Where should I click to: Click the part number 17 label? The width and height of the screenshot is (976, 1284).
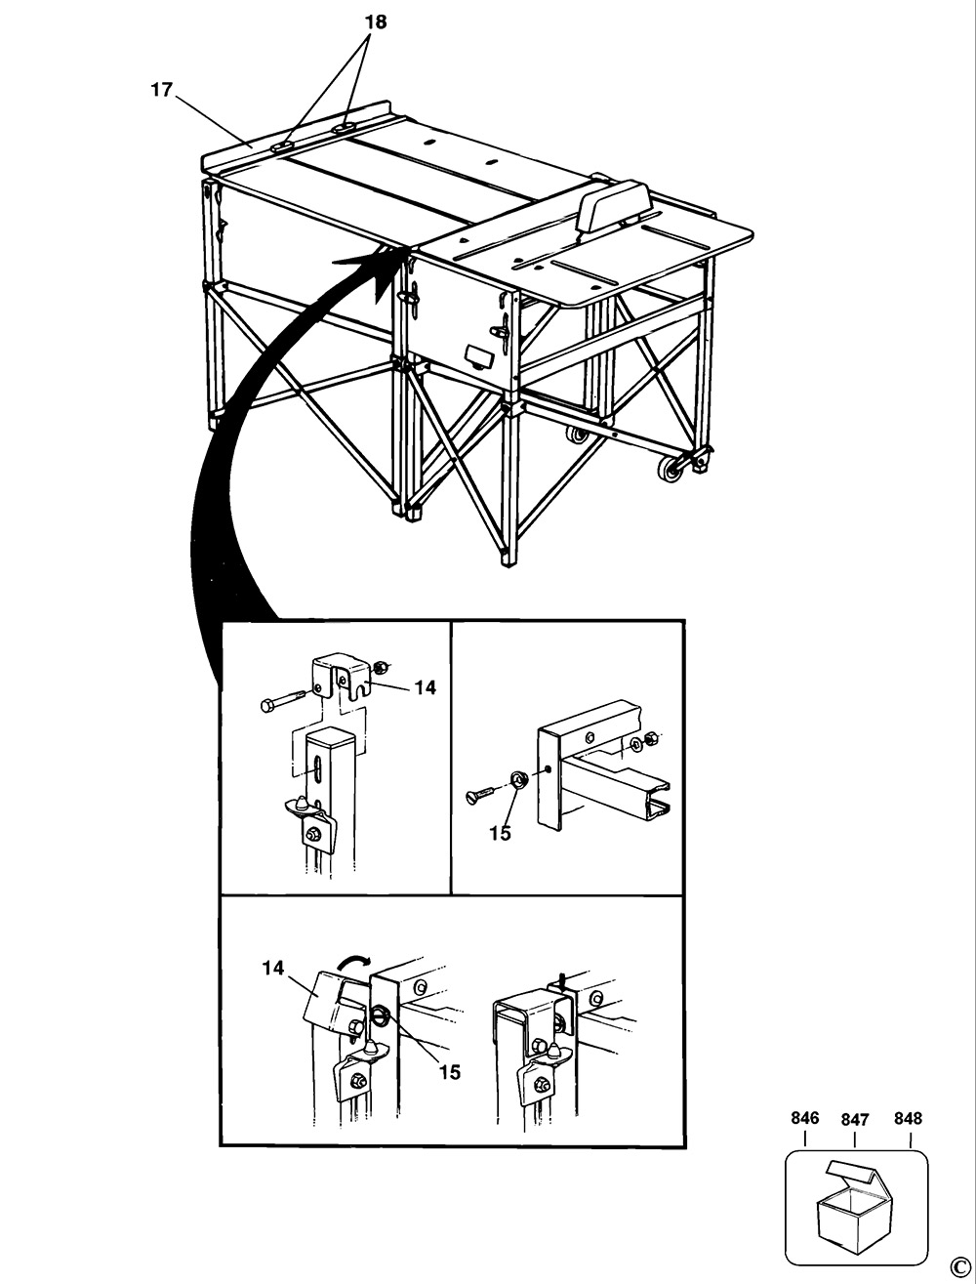tap(161, 90)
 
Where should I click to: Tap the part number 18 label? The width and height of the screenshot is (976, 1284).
tap(375, 21)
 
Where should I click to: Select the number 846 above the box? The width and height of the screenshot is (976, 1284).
tap(805, 1119)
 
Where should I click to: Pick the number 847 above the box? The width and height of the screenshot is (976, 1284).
tap(854, 1122)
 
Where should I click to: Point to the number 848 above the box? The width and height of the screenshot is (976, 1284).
tap(907, 1119)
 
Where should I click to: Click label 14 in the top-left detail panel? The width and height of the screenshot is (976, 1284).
tap(425, 687)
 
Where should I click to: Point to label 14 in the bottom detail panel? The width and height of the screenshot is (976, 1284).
tap(272, 968)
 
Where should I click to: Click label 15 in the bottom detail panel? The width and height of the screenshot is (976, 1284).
tap(449, 1072)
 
